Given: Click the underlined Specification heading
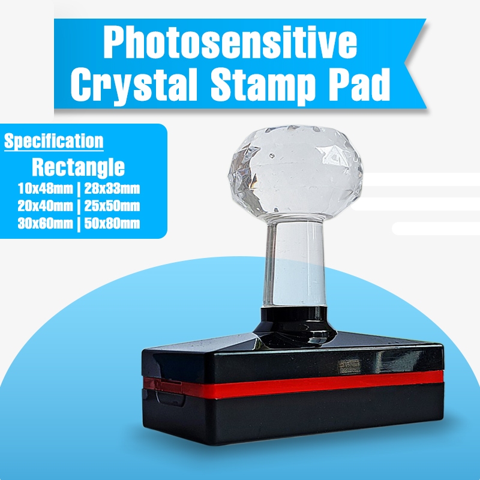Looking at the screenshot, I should point(54,142).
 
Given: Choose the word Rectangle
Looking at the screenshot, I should point(78,166).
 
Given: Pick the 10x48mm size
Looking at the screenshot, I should point(43,190).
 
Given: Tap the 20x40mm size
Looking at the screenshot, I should point(43,207).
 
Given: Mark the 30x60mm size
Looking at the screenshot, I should point(43,224).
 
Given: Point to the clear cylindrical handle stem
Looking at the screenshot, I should point(294,264).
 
